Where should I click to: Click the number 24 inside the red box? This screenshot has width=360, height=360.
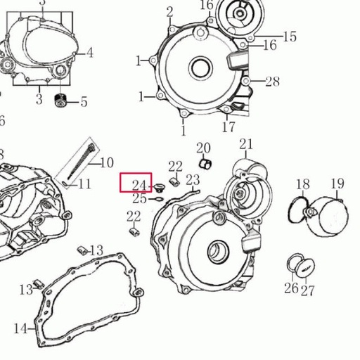click(139, 185)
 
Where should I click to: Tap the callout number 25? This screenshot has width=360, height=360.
click(139, 199)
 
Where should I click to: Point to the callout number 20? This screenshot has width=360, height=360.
click(203, 148)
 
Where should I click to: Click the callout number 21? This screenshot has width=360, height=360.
click(245, 145)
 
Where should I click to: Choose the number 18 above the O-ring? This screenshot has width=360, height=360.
click(302, 185)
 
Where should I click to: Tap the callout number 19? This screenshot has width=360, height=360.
click(337, 184)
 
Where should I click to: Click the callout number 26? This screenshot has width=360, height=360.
click(290, 288)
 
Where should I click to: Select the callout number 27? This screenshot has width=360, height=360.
click(308, 289)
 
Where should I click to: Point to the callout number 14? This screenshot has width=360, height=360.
click(20, 328)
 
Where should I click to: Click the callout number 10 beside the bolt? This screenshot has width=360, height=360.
click(106, 163)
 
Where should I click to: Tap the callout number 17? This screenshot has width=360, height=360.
click(229, 127)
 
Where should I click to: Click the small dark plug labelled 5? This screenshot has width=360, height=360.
click(61, 101)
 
